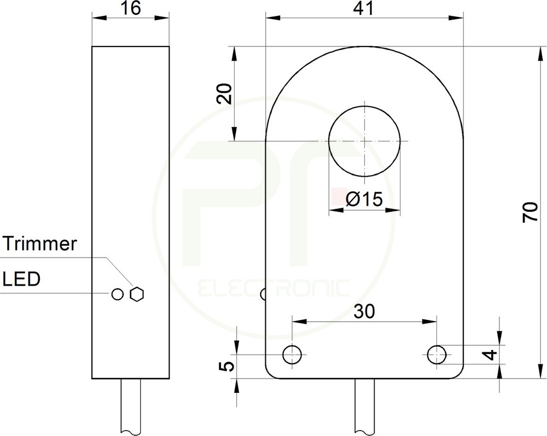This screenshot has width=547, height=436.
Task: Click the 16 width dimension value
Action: point(131,8)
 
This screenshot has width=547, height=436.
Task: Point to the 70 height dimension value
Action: point(531,212)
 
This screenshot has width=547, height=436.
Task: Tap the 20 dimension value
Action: point(224,94)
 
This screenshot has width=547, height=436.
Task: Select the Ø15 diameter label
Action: point(364,199)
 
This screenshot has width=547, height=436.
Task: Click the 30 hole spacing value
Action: point(364,311)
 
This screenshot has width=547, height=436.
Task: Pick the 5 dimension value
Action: point(226,367)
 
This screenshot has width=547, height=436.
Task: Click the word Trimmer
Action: point(39,244)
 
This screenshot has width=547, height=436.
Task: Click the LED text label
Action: point(21,279)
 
